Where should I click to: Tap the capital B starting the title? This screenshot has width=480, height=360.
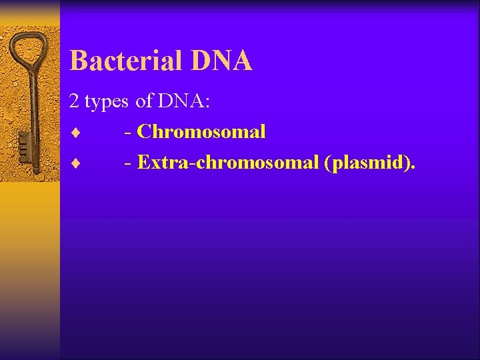(78, 61)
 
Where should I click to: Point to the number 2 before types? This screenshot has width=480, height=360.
(74, 101)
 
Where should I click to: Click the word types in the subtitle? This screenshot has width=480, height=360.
(107, 102)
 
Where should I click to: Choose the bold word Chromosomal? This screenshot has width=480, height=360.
(201, 131)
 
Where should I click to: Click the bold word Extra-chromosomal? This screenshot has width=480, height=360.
(228, 162)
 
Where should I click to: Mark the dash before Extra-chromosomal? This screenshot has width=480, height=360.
(127, 163)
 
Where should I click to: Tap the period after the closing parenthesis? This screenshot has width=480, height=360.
(412, 168)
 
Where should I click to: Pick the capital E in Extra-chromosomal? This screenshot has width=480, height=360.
(143, 162)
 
